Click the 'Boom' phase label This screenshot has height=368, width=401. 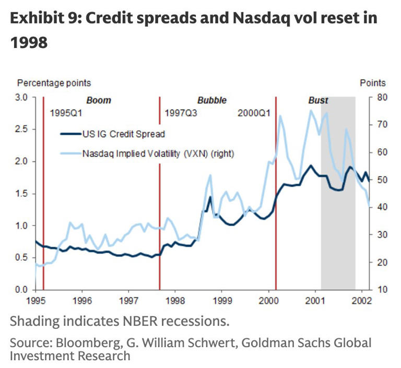click(99, 100)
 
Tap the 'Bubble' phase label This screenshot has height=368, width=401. click(212, 100)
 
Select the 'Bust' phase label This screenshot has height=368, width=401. click(319, 100)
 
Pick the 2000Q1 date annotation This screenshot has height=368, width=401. click(253, 113)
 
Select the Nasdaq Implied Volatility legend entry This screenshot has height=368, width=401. click(157, 154)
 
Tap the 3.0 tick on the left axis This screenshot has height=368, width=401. click(22, 97)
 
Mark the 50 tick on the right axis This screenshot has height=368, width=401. click(381, 180)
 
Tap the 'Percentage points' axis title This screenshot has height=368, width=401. click(54, 82)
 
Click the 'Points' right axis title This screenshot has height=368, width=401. click(373, 82)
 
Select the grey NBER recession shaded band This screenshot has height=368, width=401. click(338, 209)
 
